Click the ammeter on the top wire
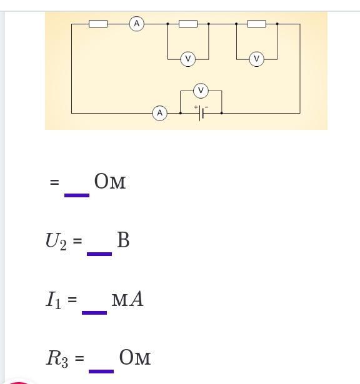click(137, 24)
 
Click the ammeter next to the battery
click(160, 113)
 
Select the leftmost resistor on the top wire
click(98, 24)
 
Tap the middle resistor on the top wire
click(188, 24)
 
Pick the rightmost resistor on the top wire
click(257, 24)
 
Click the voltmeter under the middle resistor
click(188, 59)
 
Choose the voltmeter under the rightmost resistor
click(257, 59)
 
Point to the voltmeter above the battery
click(201, 91)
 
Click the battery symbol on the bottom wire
click(201, 113)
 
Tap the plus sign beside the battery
click(196, 107)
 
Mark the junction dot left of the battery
click(181, 113)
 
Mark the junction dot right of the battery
click(221, 113)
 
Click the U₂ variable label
click(56, 241)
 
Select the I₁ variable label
click(53, 300)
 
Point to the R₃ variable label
click(57, 359)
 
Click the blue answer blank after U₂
click(99, 254)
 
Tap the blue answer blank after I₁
click(94, 313)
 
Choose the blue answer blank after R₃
click(101, 372)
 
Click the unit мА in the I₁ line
click(127, 299)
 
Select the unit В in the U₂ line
click(123, 240)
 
